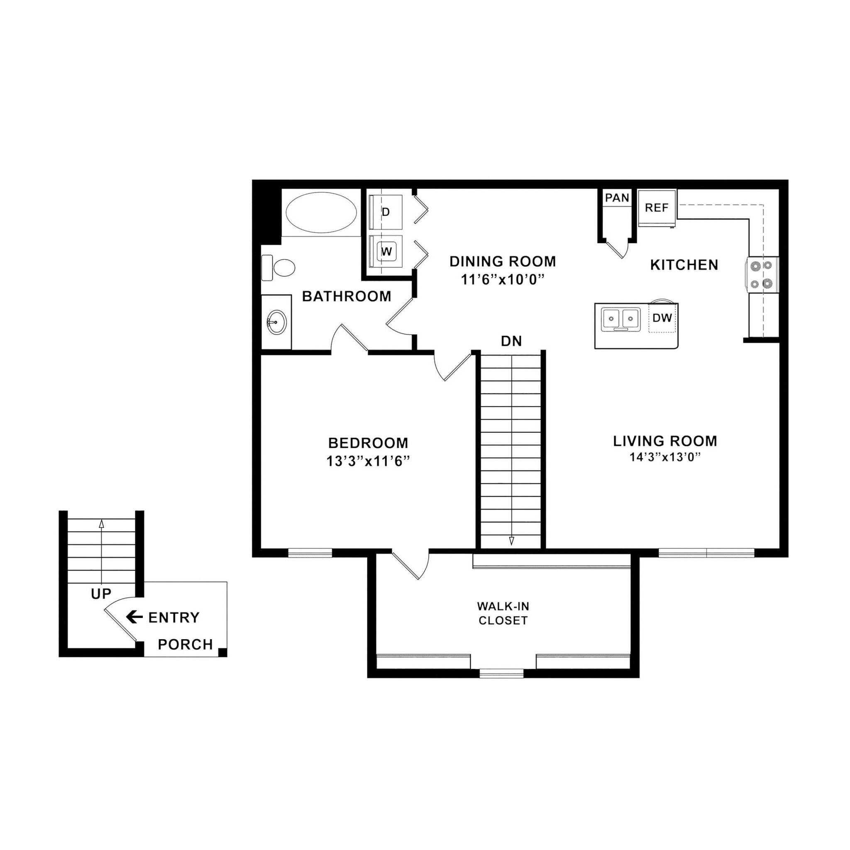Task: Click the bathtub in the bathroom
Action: click(x=321, y=212)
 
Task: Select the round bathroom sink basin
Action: click(x=276, y=322)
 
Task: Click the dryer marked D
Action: click(x=386, y=212)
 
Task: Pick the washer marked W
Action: click(x=386, y=252)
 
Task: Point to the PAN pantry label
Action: click(x=617, y=198)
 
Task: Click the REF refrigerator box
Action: click(x=657, y=208)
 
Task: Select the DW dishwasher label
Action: click(x=662, y=318)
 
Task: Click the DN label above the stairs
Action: click(x=511, y=341)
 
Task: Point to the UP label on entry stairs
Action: click(x=101, y=594)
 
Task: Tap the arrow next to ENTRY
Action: click(x=134, y=617)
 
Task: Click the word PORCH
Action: click(x=185, y=645)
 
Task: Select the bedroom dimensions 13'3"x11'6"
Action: click(x=368, y=462)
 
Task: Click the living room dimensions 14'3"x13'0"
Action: click(x=665, y=457)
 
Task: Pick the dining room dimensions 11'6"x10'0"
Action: click(x=503, y=279)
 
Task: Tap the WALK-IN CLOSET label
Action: click(x=503, y=613)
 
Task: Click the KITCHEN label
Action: click(x=684, y=265)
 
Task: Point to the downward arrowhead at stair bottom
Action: click(x=511, y=541)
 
